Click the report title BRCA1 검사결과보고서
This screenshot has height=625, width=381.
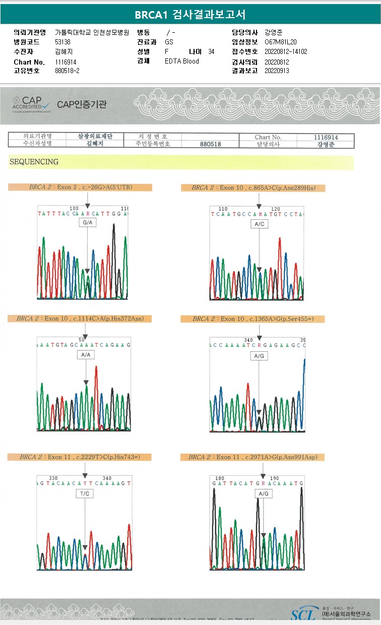point(190,15)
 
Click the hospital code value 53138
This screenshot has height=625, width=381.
point(62,42)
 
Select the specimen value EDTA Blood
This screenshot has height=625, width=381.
point(182,61)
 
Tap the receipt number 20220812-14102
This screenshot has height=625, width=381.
point(286,51)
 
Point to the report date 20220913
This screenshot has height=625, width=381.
point(277,71)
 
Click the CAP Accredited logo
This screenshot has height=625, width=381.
point(32,103)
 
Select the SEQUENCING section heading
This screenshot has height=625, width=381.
point(34,162)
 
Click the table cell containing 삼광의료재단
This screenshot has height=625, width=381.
point(95,137)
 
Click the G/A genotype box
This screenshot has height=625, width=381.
point(87,223)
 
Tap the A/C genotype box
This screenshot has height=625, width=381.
point(260,224)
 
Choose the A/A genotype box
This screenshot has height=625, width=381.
point(86,355)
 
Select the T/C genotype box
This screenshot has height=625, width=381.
point(85,494)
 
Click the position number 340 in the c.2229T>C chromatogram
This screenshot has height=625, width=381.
point(107,478)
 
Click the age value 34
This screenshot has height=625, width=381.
point(211,52)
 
